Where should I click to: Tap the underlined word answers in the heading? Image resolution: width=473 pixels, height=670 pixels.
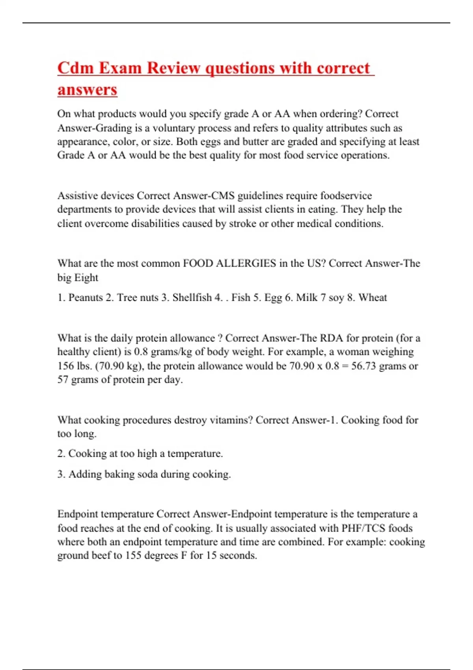87,89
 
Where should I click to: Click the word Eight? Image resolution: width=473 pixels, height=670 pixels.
86,277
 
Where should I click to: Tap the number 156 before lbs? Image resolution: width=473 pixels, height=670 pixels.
65,366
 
